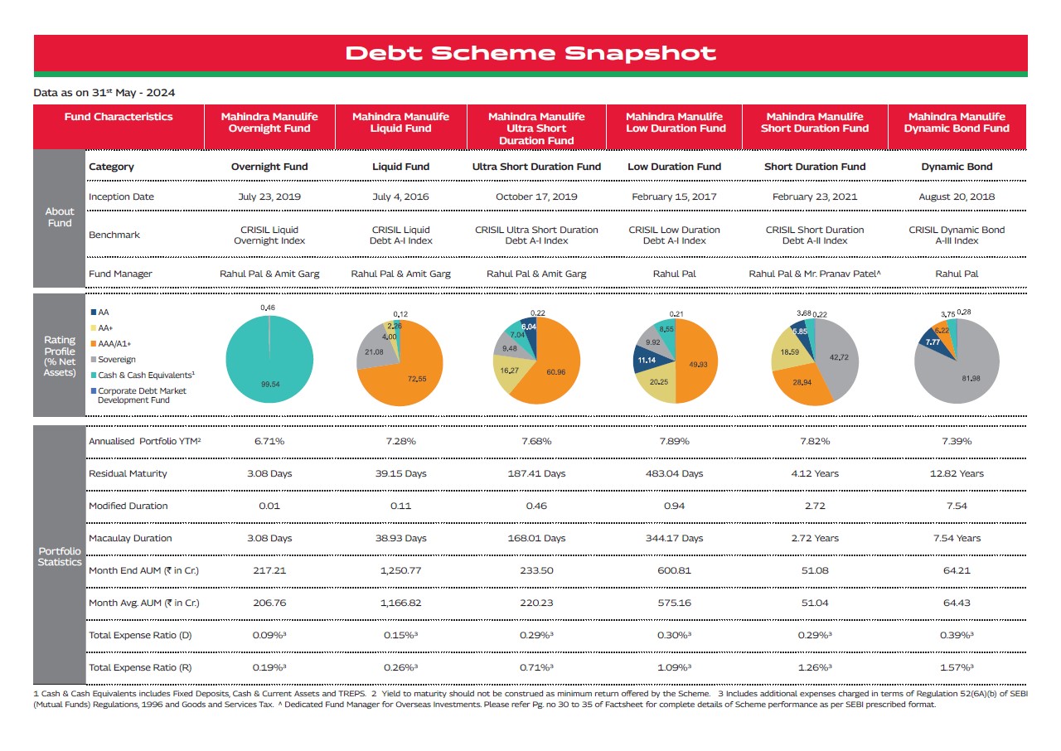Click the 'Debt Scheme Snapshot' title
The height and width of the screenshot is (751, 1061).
(x=530, y=53)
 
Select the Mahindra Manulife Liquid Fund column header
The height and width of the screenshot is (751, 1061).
(x=400, y=123)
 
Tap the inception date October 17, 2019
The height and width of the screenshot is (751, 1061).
(x=536, y=196)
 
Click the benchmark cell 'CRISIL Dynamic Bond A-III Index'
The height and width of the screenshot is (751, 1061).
(x=957, y=235)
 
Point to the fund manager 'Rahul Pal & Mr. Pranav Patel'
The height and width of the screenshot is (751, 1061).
(x=814, y=274)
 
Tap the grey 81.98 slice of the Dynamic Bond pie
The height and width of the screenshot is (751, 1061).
(x=962, y=374)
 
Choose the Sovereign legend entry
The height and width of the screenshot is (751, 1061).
(x=114, y=360)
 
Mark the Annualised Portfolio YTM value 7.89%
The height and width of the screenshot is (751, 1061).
(x=674, y=441)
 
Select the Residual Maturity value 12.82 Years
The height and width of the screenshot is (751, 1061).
(x=957, y=473)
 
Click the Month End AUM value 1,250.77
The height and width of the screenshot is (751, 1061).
(x=400, y=570)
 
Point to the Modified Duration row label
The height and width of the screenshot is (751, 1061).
(x=128, y=506)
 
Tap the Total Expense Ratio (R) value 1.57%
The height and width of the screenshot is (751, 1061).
(x=957, y=667)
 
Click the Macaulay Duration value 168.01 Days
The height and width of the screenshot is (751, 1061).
(x=536, y=539)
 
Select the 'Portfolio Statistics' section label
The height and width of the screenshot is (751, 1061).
(x=60, y=556)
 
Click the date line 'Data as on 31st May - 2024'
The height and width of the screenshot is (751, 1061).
(x=104, y=92)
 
